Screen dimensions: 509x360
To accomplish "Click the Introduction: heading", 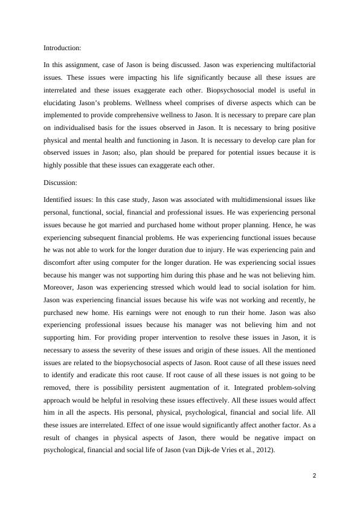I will (62, 48).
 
